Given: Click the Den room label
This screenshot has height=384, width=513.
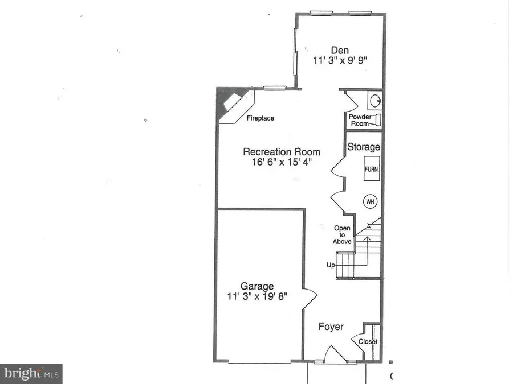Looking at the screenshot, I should point(339,51).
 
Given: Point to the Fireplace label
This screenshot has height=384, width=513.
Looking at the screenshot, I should point(260,118).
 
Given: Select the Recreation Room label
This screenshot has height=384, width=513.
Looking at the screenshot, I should point(282,152).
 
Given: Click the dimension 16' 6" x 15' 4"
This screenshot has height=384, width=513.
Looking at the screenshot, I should point(282,163).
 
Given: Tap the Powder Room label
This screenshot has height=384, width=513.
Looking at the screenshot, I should point(360,120).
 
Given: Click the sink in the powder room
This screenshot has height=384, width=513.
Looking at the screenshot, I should point(374,101).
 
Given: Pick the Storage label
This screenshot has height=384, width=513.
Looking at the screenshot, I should point(364,147).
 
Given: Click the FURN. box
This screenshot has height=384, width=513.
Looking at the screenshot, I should point(373,170).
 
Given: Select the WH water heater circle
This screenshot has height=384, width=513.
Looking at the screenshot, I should point(370,201).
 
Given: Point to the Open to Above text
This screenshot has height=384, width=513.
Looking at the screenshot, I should point(342,235).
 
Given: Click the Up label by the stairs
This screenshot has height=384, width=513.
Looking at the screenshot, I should point(331,265).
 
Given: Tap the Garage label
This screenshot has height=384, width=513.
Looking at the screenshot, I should point(257,286).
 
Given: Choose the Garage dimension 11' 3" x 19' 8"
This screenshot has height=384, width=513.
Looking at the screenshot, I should point(257,296).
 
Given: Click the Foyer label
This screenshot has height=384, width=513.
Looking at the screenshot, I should point(331,327).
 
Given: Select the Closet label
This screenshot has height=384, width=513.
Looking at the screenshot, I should point(368,342).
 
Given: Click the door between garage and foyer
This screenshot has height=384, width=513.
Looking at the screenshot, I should point(310,296).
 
